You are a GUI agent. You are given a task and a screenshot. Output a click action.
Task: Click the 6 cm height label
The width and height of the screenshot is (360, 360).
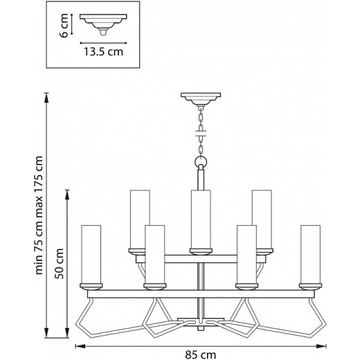coord(62,27)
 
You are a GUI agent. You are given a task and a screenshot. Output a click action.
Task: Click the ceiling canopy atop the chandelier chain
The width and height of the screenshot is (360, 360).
coord(199,98)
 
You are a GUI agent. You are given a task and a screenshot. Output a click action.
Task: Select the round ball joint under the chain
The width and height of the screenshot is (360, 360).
coord(200,162)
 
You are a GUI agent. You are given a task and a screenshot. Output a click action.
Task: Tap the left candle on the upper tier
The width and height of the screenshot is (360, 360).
coord(140,219)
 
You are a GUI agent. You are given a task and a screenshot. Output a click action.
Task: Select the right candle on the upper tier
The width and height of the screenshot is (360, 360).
coord(260,219)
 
